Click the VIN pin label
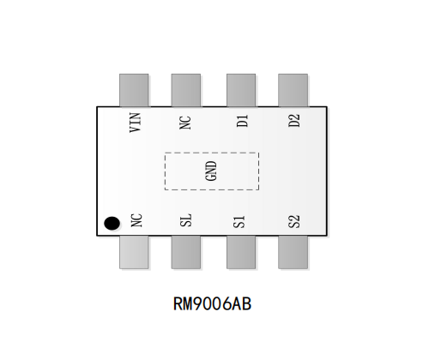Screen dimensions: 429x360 136,123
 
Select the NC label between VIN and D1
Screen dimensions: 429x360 185,123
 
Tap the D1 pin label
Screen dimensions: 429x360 242,121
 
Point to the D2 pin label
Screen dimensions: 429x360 294,121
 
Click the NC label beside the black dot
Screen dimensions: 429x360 136,220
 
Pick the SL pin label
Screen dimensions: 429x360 186,220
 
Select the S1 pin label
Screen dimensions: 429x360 239,222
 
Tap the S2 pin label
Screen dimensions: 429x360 294,222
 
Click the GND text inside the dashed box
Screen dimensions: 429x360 211,171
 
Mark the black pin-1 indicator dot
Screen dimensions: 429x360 112,224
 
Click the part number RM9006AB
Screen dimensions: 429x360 212,303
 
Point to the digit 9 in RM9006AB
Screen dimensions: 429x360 198,303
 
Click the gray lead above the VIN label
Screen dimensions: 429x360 134,90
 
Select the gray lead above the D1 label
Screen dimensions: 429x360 241,90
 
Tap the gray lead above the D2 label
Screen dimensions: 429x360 293,90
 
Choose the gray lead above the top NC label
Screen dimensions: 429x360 186,90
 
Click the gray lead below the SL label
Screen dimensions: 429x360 186,252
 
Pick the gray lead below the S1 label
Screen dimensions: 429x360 241,252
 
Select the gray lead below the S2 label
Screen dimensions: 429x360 293,252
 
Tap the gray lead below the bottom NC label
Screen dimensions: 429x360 134,252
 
